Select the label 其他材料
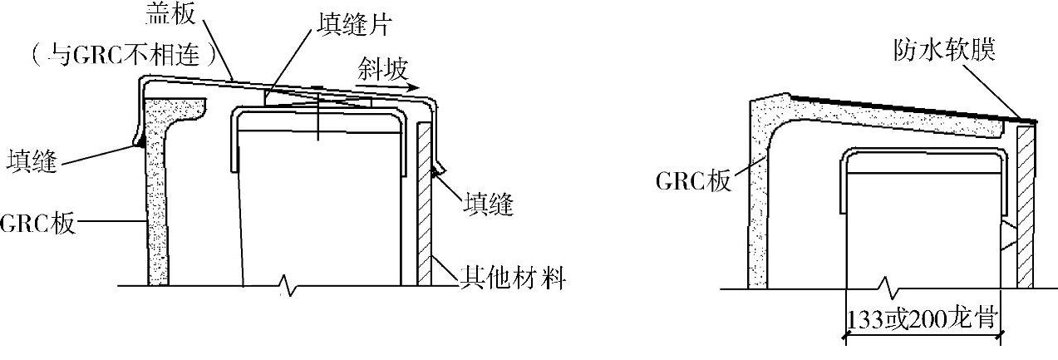click(514, 279)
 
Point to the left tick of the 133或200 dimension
click(845, 336)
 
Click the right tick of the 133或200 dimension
click(1002, 336)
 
